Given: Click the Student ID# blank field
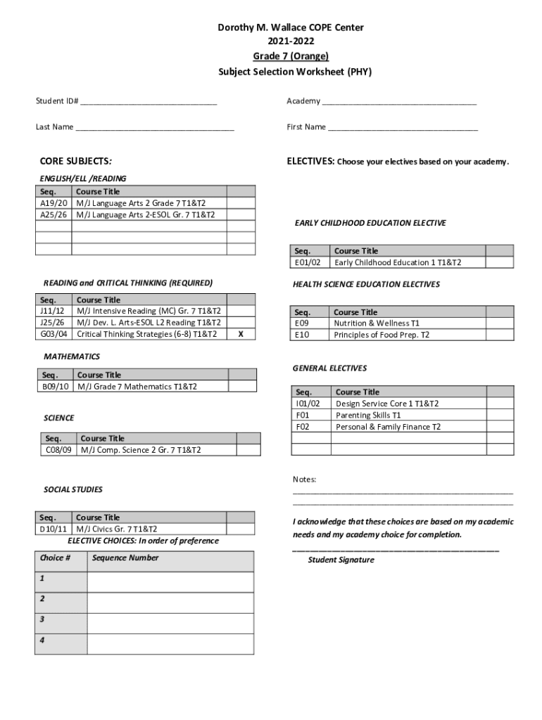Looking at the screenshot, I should pyautogui.click(x=149, y=103).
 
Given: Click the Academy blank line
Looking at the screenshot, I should pyautogui.click(x=399, y=103).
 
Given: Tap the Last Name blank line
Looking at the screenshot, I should pyautogui.click(x=155, y=129).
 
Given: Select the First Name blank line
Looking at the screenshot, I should pyautogui.click(x=403, y=129).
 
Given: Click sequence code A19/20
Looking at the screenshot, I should pyautogui.click(x=53, y=203).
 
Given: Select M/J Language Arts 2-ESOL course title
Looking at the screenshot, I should pyautogui.click(x=146, y=214).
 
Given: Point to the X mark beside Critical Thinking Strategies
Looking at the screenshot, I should pyautogui.click(x=241, y=335).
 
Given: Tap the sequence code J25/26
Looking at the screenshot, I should pyautogui.click(x=53, y=323).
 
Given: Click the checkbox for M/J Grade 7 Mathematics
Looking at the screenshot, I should pyautogui.click(x=242, y=387).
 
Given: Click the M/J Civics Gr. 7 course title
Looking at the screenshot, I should pyautogui.click(x=117, y=529).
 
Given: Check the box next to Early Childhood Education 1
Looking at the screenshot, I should pyautogui.click(x=500, y=262).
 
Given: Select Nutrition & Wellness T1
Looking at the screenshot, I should pyautogui.click(x=377, y=323).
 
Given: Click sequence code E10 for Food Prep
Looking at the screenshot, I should pyautogui.click(x=302, y=335).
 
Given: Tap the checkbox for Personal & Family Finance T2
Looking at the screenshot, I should pyautogui.click(x=500, y=427).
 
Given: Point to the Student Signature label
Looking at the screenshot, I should pyautogui.click(x=341, y=560).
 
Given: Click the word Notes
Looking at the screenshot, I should pyautogui.click(x=304, y=480).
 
